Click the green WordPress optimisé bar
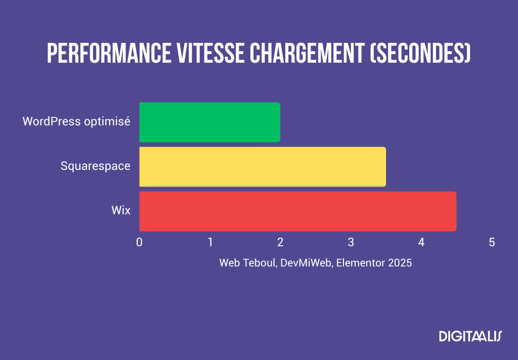[209, 122]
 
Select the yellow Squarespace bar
[262, 166]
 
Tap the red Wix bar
[297, 211]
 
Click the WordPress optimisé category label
[76, 122]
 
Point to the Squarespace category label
[95, 166]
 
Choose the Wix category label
[121, 210]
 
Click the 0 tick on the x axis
[139, 242]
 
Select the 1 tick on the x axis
[209, 242]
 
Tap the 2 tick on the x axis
[280, 242]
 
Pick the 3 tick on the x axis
[351, 242]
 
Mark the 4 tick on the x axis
[421, 242]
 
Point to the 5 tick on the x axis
[491, 242]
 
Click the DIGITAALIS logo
[469, 336]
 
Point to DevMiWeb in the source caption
[305, 263]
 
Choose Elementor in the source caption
[360, 263]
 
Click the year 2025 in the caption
[401, 263]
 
